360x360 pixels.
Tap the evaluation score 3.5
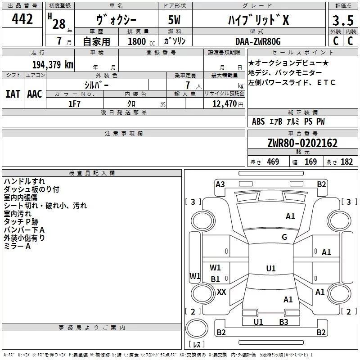point(342,21)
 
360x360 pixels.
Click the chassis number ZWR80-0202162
point(302,144)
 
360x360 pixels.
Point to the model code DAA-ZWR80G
point(258,41)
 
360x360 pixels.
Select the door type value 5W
point(175,21)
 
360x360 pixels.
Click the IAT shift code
point(13,94)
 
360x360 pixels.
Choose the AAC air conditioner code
point(35,94)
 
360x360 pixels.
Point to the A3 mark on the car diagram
point(220,184)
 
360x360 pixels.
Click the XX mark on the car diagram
point(221,292)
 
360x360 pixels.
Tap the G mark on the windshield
point(284,237)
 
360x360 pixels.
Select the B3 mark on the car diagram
point(283,322)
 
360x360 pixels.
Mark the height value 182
point(347,162)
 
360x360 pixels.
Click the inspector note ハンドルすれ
point(24,181)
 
